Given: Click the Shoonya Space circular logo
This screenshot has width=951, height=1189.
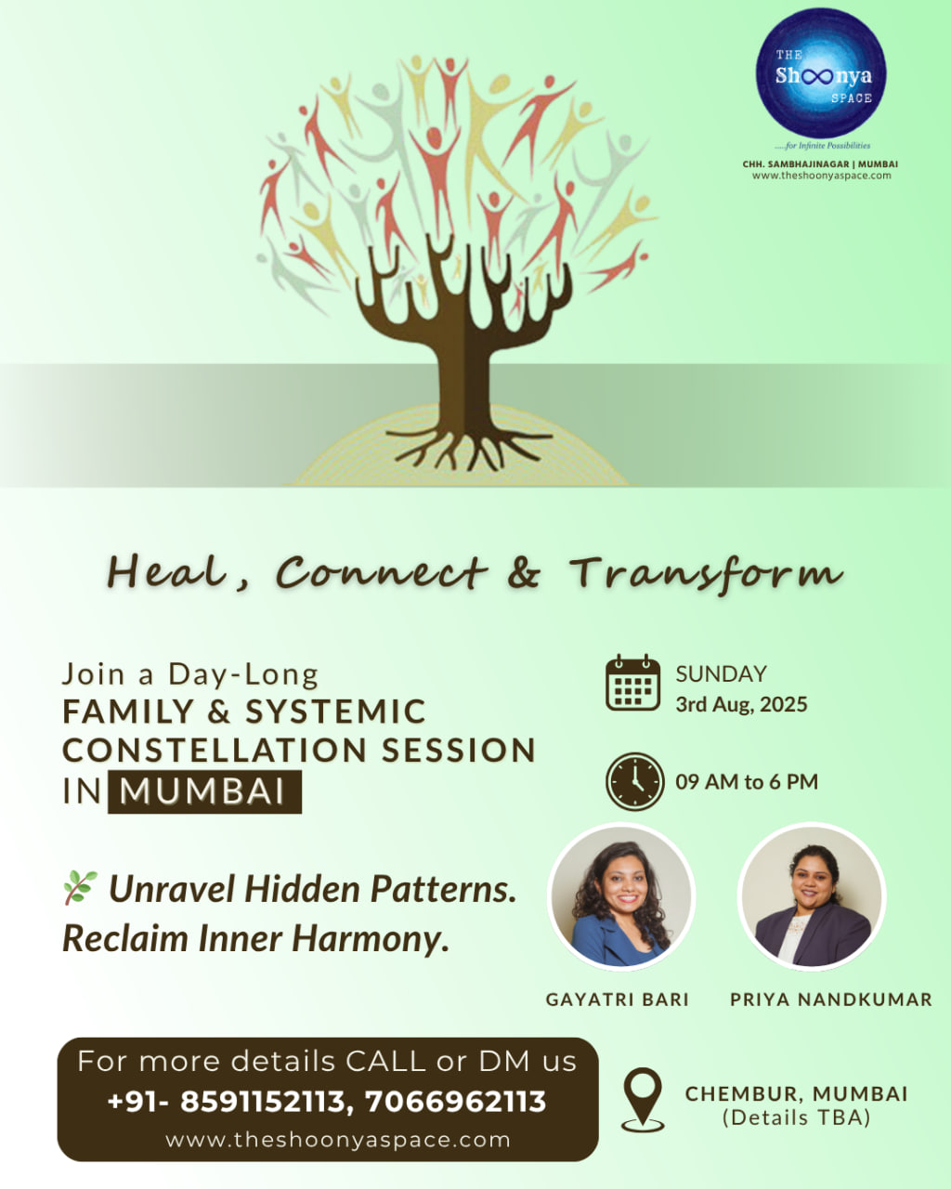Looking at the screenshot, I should (x=820, y=73).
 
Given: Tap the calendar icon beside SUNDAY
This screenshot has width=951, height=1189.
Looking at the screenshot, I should (x=632, y=684).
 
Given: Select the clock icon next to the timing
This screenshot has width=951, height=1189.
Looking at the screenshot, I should (x=634, y=781).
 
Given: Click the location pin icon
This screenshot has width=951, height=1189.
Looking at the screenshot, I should (x=643, y=1099).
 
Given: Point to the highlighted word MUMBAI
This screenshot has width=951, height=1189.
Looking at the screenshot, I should (x=204, y=792).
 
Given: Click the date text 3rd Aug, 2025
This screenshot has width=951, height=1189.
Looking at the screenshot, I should (x=741, y=704).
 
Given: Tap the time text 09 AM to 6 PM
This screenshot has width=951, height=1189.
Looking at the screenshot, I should (x=747, y=782).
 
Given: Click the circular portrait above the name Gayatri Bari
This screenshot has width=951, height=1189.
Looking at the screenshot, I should (x=620, y=896).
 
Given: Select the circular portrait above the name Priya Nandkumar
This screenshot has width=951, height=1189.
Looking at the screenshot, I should (x=812, y=896).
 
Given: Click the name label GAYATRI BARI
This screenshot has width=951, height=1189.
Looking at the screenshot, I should (x=618, y=1000).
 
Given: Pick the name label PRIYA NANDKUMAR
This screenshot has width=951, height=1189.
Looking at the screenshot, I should (x=830, y=1000).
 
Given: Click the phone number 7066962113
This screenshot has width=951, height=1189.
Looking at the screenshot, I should (x=455, y=1102).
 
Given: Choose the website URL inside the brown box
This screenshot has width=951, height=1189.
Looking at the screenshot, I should (x=338, y=1140).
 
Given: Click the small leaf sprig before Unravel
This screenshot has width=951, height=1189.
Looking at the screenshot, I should (x=80, y=888).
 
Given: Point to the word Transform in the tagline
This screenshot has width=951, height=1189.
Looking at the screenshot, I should (x=706, y=573).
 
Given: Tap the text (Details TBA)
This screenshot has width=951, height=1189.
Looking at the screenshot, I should (x=796, y=1118).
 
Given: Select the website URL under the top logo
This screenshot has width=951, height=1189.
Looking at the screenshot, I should (x=821, y=176).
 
